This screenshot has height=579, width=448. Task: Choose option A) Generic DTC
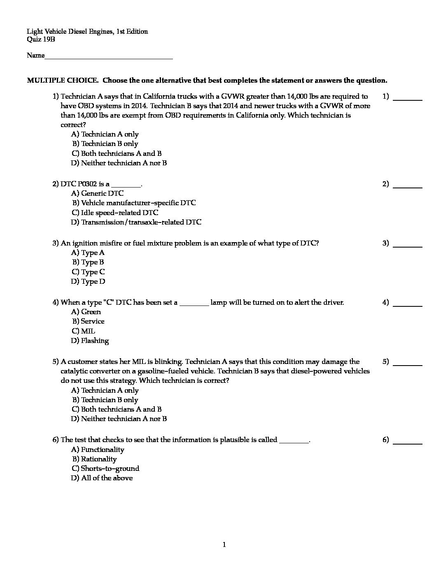(98, 193)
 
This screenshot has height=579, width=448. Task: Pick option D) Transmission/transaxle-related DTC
(136, 222)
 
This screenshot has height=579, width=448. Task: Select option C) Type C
(88, 272)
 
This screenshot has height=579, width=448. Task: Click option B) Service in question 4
(89, 321)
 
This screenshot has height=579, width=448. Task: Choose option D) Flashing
(90, 340)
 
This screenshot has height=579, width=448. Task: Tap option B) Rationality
(95, 459)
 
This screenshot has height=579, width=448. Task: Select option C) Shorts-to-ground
(106, 468)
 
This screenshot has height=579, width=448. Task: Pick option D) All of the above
(102, 478)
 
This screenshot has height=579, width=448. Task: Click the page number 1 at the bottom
(224, 545)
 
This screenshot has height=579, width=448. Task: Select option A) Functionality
(98, 449)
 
